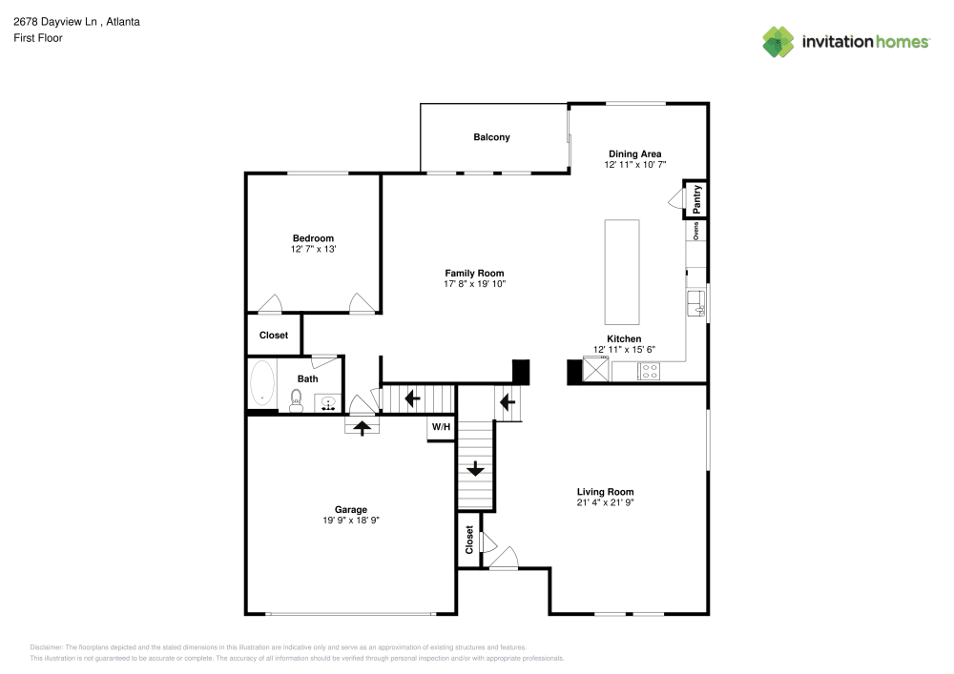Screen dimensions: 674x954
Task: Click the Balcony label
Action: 491,137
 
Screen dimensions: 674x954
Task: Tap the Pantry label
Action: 696,199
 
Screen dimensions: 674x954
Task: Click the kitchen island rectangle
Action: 621,273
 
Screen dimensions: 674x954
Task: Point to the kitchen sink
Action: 695,304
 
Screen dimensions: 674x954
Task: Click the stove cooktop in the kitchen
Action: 649,372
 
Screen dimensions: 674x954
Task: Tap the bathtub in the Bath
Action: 261,385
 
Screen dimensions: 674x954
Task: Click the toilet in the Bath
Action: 296,399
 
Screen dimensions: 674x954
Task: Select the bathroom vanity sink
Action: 328,403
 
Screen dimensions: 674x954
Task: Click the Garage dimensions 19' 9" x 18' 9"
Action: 350,521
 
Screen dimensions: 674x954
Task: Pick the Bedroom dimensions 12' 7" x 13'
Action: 313,249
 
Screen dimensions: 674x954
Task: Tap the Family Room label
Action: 474,274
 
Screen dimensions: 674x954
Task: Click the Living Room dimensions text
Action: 605,502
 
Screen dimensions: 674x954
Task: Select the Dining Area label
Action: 634,153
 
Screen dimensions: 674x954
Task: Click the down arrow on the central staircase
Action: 475,468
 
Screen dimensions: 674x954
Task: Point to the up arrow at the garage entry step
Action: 363,428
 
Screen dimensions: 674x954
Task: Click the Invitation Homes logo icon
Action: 778,42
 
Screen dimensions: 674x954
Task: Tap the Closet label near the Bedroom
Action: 274,336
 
